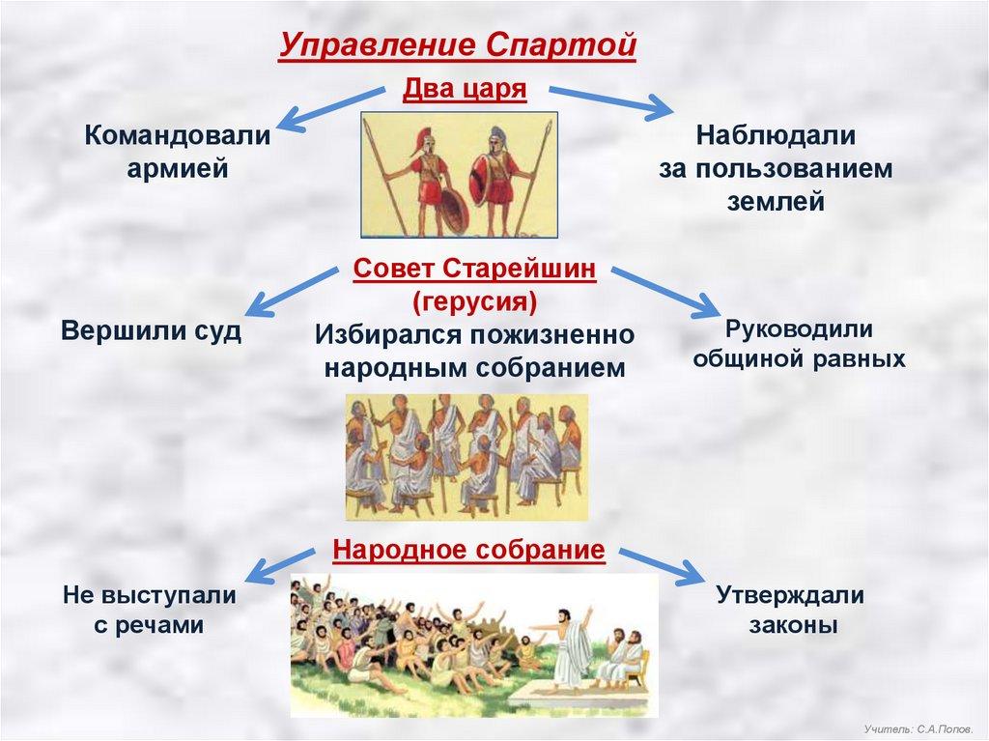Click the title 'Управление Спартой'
(x=457, y=45)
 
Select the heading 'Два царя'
(x=465, y=89)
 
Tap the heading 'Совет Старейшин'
(x=474, y=269)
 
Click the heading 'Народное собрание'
(x=468, y=549)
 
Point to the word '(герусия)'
(x=474, y=301)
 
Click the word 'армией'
(x=178, y=169)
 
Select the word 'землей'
(x=776, y=202)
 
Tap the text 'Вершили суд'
(x=152, y=330)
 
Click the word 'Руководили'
(x=799, y=328)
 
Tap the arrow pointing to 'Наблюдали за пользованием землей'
(x=610, y=102)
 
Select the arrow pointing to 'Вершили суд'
(x=291, y=291)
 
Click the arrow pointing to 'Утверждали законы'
(x=661, y=566)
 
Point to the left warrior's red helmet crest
(x=421, y=141)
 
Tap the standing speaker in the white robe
(x=572, y=645)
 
